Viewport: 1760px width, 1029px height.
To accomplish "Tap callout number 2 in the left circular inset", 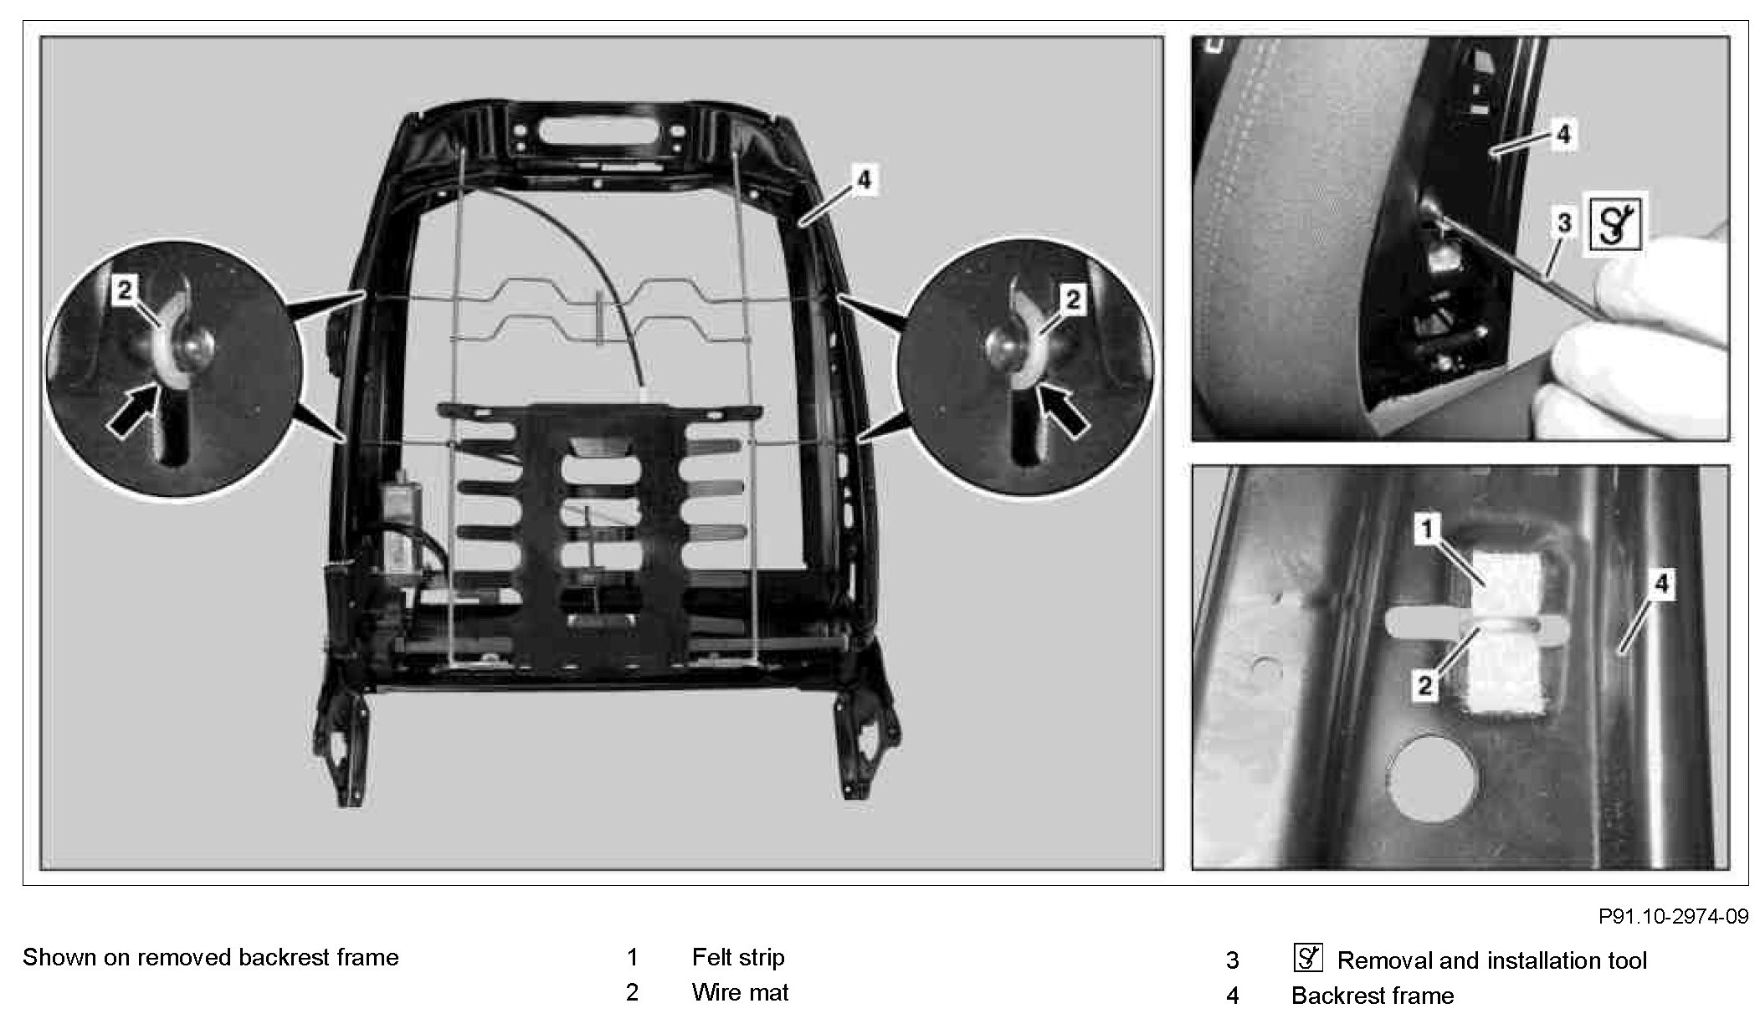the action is click(x=124, y=291).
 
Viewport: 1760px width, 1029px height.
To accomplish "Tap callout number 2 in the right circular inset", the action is click(x=1072, y=299).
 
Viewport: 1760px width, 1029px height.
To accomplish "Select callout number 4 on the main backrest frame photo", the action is click(x=865, y=179).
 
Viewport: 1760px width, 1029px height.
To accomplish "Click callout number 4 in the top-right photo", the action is click(x=1562, y=134).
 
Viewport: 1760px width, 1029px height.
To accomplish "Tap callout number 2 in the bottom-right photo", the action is click(x=1424, y=686).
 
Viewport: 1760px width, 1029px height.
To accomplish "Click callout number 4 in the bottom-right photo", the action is click(x=1661, y=583).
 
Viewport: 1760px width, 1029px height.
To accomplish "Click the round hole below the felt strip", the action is click(x=1432, y=778).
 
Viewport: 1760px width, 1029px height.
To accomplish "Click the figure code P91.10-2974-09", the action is click(x=1673, y=916).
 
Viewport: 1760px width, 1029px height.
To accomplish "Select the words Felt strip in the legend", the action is click(x=738, y=957).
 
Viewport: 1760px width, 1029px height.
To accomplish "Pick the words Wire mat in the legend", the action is click(x=740, y=992).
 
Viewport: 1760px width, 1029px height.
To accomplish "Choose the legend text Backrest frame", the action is click(x=1373, y=996).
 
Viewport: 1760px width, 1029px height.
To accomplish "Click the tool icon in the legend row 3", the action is click(x=1308, y=958).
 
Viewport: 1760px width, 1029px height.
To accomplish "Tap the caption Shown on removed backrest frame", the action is click(x=211, y=957).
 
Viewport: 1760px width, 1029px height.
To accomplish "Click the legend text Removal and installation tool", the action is click(x=1492, y=960).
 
